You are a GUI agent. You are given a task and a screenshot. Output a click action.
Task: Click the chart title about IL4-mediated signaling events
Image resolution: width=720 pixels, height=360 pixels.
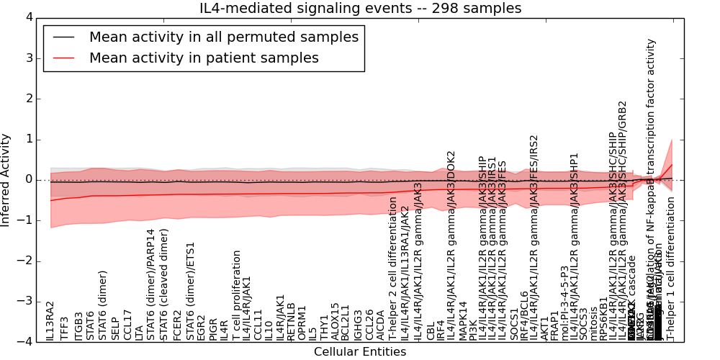point(360,9)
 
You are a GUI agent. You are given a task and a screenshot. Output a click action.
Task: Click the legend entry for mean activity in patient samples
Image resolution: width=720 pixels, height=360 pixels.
point(204,58)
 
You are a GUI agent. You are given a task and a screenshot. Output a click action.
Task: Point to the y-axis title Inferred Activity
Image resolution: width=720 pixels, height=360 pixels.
point(6,180)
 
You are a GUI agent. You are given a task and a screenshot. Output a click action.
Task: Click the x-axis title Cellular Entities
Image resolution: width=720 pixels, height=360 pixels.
point(360,352)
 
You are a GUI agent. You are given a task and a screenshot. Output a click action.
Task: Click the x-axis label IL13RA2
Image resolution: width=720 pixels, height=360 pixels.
point(50,321)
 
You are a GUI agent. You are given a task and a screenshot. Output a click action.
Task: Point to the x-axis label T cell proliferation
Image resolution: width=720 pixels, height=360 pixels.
point(235,295)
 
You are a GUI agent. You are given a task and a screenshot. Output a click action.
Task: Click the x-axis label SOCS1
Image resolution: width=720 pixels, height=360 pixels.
point(513,324)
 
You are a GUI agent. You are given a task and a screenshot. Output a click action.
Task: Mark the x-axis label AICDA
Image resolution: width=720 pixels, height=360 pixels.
point(380,325)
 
